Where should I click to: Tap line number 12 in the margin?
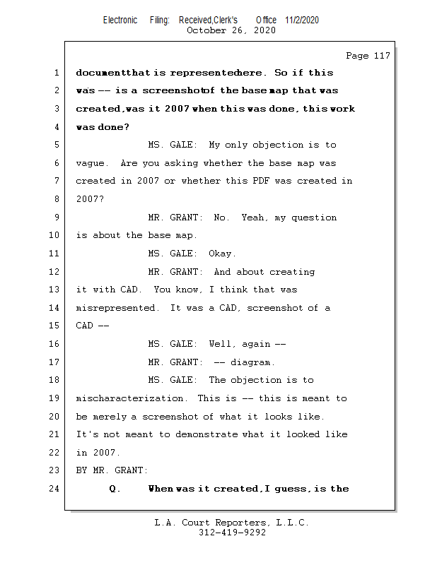coord(56,272)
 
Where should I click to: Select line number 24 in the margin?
coord(56,489)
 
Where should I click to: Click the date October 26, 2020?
coord(231,30)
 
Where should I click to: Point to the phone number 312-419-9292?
coord(232,533)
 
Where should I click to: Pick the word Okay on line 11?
coord(222,254)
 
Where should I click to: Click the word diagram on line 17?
coord(252,362)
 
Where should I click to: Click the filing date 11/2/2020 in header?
coord(302,20)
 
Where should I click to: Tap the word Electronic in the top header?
coord(120,20)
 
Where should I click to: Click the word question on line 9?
coord(312,218)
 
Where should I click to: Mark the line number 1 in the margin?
coord(56,73)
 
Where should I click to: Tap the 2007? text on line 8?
coord(91,199)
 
